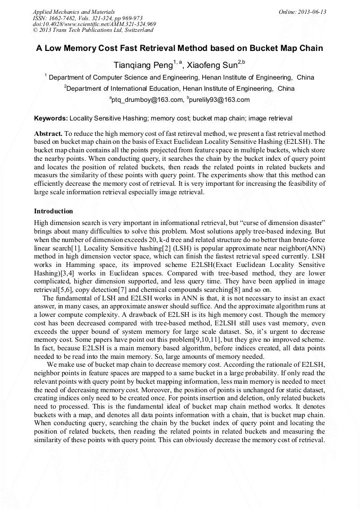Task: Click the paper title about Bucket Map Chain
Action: [x=179, y=48]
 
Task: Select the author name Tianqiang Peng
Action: [x=143, y=65]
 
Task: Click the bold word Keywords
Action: [x=51, y=117]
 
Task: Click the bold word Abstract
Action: [x=49, y=134]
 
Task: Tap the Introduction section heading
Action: [x=54, y=211]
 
